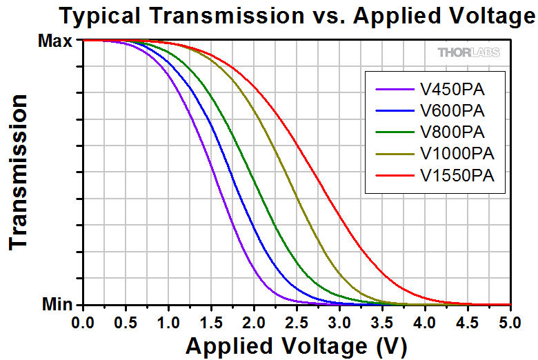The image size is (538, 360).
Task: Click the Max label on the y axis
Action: [x=55, y=41]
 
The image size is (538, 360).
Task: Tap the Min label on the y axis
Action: [x=57, y=304]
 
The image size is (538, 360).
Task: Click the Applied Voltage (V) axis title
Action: [x=296, y=344]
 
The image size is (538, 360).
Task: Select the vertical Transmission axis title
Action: [x=20, y=172]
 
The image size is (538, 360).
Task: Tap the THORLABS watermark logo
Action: [x=468, y=52]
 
